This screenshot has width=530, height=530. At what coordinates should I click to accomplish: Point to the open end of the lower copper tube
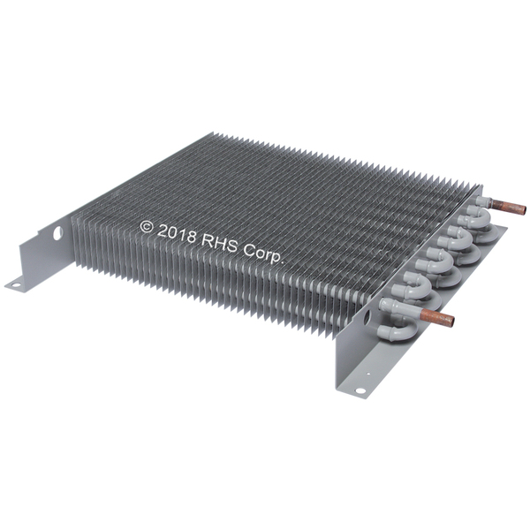pyautogui.click(x=450, y=321)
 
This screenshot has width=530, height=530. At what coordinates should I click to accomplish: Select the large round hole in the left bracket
pyautogui.click(x=57, y=233)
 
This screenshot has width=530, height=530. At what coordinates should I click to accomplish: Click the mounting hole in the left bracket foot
pyautogui.click(x=16, y=285)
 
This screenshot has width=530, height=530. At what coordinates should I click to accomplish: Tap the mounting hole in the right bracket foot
pyautogui.click(x=360, y=390)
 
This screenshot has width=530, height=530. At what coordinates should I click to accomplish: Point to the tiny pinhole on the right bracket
pyautogui.click(x=368, y=374)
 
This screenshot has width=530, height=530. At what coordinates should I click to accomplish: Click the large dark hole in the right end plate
pyautogui.click(x=367, y=318)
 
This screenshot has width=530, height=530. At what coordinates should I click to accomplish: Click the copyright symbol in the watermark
pyautogui.click(x=147, y=227)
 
